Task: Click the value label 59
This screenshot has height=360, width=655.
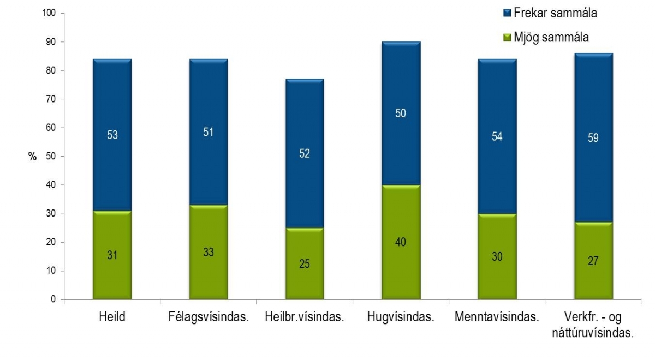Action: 593,138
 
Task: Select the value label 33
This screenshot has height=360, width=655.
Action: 209,252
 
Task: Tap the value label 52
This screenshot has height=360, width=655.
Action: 305,154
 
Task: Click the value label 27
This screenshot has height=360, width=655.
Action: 593,261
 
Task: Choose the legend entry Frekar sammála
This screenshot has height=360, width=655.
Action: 552,14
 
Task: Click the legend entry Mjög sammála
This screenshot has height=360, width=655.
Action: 546,37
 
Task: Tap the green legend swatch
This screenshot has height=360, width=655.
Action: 505,37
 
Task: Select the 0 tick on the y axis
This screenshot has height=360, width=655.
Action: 53,299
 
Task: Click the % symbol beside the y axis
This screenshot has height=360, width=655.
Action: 32,157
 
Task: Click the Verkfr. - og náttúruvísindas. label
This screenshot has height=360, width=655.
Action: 593,325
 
